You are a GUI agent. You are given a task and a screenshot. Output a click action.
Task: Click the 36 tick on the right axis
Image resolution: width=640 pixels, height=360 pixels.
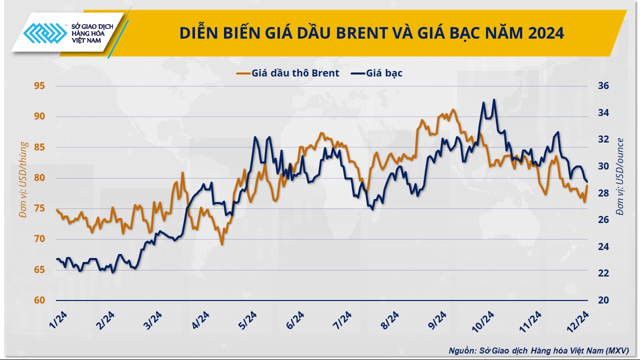point(603,86)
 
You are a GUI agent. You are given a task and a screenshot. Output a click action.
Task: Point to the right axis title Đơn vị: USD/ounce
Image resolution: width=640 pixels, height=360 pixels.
point(620,176)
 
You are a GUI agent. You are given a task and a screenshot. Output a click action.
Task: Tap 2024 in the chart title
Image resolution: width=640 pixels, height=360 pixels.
point(544,33)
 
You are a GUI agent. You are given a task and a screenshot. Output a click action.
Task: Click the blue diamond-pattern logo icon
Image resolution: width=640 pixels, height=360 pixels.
point(45,34)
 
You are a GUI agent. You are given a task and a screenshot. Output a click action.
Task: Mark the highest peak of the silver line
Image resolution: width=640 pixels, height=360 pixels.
point(494,99)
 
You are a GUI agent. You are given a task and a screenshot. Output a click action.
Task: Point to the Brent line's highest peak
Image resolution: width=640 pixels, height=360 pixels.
point(453,109)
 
